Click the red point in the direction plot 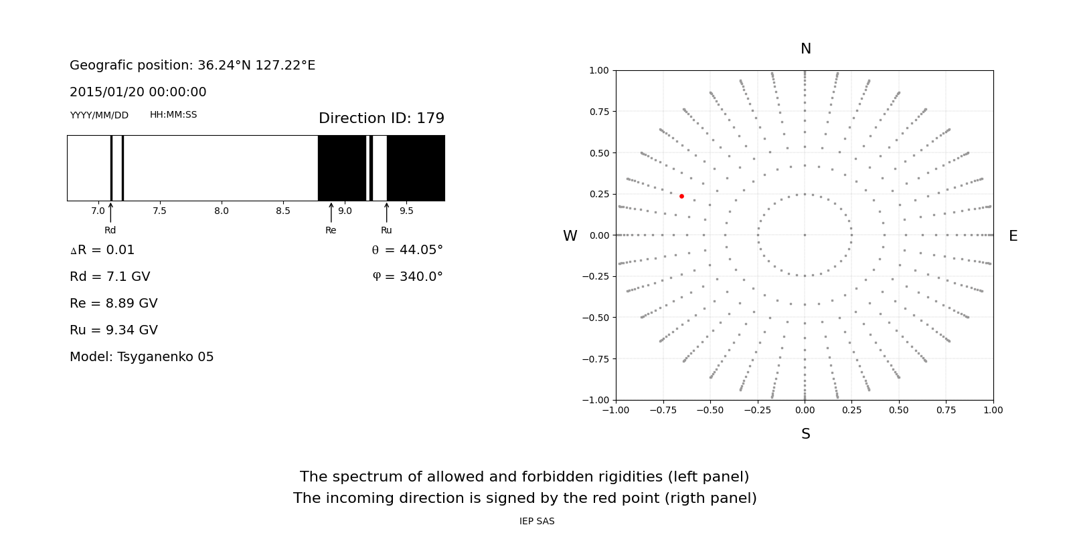tap(681, 196)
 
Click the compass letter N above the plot tap(805, 49)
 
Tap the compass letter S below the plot tap(805, 434)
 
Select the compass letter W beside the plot tap(570, 236)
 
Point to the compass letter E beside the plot tap(1013, 236)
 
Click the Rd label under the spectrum tap(110, 230)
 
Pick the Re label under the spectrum tap(331, 230)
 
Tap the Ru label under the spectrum tap(386, 230)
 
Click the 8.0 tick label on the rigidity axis tap(221, 211)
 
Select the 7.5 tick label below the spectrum tap(159, 211)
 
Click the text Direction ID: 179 tap(381, 118)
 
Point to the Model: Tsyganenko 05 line tap(141, 357)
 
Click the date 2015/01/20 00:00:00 tap(138, 92)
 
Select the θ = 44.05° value tap(407, 250)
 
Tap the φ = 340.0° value tap(408, 277)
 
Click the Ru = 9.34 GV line tap(114, 330)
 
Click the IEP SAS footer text tap(537, 521)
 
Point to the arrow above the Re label tap(331, 213)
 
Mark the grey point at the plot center tap(805, 235)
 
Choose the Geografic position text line tap(192, 66)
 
